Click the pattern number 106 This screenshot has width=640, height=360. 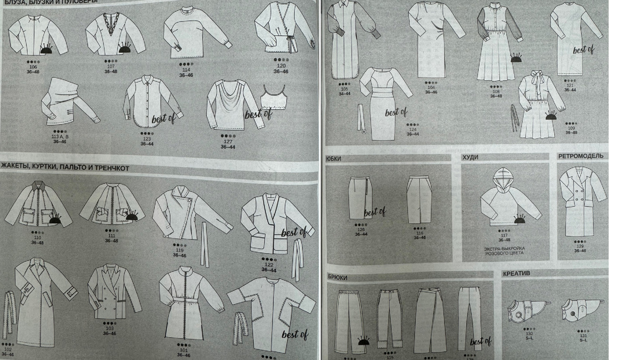[35, 67]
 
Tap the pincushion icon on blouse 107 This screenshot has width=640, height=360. [125, 49]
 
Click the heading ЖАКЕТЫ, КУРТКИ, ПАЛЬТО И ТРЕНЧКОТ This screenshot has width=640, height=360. [65, 167]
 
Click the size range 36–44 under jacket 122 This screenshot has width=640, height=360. [269, 270]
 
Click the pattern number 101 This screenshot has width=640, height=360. [183, 350]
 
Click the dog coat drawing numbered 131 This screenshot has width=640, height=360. [582, 309]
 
